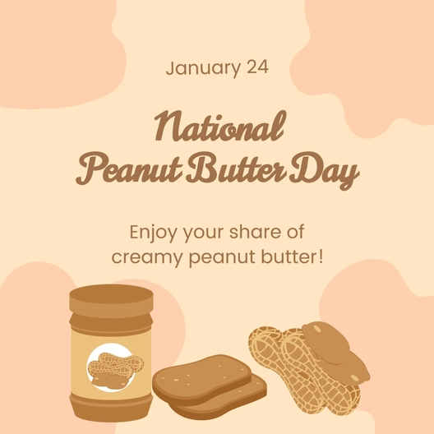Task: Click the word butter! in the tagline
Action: (295, 257)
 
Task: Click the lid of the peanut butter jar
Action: (111, 300)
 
